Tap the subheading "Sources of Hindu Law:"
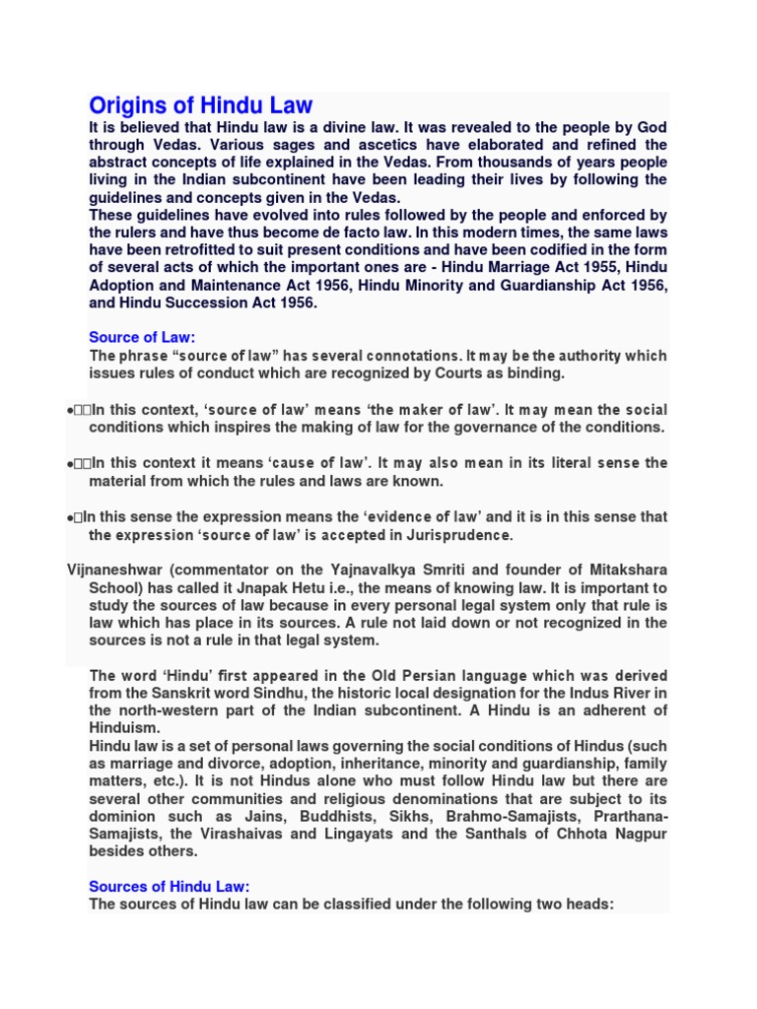[x=170, y=885]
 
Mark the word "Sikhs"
[x=433, y=816]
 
